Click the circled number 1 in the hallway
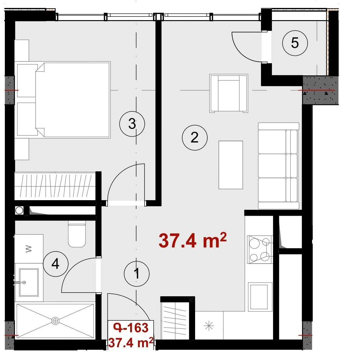tap(137, 274)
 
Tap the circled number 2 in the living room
tap(194, 138)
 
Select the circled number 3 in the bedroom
tap(132, 124)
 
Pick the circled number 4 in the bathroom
tap(56, 264)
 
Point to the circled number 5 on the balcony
tap(295, 43)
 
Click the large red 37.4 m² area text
tap(193, 241)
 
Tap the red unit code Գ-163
tap(131, 328)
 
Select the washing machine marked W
tap(29, 249)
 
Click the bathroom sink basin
tap(29, 283)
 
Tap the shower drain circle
tap(55, 321)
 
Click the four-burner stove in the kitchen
tap(260, 250)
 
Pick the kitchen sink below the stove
tap(260, 297)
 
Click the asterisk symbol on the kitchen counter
tap(209, 326)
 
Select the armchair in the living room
tap(229, 93)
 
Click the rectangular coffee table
tap(231, 165)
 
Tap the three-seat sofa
tap(279, 166)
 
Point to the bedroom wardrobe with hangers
tap(55, 186)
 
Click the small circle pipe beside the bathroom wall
tap(19, 211)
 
